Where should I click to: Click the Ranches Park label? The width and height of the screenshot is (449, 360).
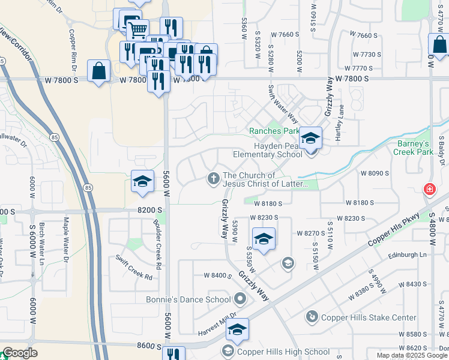274,131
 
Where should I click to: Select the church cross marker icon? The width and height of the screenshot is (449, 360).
213,178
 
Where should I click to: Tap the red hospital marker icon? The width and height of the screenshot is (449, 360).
429,190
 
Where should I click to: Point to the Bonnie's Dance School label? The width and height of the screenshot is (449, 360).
188,299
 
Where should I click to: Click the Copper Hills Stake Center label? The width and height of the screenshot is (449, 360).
369,317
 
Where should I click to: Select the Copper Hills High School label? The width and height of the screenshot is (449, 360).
283,352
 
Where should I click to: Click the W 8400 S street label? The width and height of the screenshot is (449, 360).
218,275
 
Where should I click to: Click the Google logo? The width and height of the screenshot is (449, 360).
20,353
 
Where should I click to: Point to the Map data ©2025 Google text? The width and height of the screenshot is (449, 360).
412,355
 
